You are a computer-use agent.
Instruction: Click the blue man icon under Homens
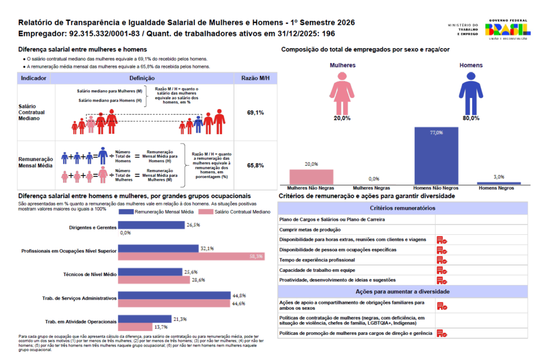point(471,91)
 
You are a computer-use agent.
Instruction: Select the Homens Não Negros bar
point(436,156)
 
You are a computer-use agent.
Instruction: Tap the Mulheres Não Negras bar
point(311,177)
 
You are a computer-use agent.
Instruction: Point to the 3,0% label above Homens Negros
point(499,177)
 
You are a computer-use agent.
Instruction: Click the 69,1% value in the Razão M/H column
point(255,113)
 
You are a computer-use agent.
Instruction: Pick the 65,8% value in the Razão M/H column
point(255,165)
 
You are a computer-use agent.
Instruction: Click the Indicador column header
point(34,78)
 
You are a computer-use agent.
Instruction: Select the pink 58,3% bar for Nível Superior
point(191,257)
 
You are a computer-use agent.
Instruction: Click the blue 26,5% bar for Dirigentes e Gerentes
point(151,226)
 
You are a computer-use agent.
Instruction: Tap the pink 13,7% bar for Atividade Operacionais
point(135,326)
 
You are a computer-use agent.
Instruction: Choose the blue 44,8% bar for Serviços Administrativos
point(174,295)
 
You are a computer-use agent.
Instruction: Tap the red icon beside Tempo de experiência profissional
point(442,260)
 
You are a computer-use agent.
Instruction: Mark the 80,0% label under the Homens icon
point(471,118)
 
